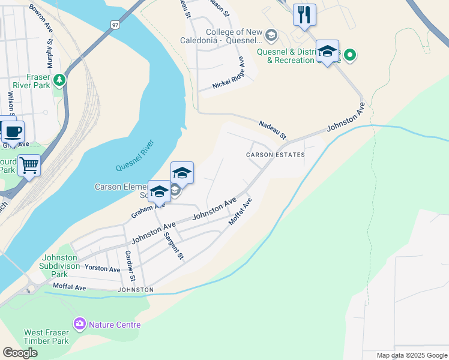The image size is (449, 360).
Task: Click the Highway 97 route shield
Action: tap(115, 25)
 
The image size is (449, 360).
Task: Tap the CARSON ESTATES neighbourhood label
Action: tap(276, 155)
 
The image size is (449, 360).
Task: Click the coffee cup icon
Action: tap(12, 130)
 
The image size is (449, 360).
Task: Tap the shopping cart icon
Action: tap(29, 164)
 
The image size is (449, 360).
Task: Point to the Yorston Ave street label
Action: tap(103, 268)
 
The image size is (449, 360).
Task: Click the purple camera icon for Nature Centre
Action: tap(79, 325)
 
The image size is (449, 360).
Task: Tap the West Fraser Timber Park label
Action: tap(47, 337)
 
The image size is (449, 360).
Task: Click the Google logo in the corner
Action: tap(20, 353)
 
